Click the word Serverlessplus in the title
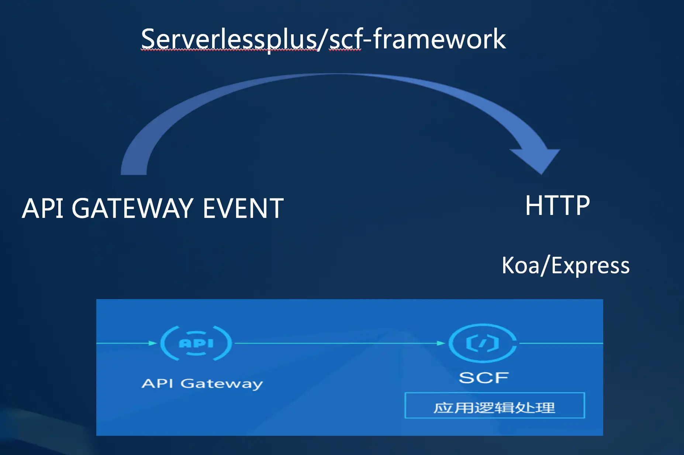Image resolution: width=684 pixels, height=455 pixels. pos(229,39)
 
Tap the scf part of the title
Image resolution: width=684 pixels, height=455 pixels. pos(345,40)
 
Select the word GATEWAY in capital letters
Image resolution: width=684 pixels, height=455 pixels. pos(132,208)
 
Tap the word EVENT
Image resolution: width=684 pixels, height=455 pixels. pos(243,208)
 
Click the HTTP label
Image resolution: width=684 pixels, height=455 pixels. pos(557,205)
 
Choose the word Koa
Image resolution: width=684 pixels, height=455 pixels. pos(520,265)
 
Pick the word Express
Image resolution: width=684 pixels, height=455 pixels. pos(590,265)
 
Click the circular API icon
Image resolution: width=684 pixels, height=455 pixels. pos(196,343)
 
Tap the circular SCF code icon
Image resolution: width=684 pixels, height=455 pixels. pos(483,343)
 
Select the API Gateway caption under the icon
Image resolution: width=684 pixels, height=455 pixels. pos(202,383)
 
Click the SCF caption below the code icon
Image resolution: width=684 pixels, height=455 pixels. pos(484,377)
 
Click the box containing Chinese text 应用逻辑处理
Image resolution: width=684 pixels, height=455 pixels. pos(494,406)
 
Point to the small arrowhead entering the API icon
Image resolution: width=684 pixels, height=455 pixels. pos(153,343)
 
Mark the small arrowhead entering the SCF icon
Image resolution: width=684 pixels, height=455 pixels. pos(441,343)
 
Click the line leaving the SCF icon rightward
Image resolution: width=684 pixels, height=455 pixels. pos(561,343)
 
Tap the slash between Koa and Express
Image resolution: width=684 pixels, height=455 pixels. pos(545,265)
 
